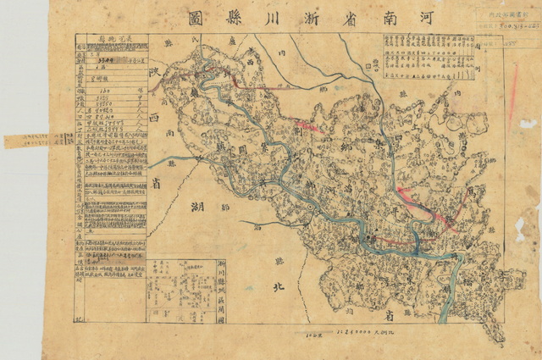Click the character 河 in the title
pyautogui.click(x=444, y=18)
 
